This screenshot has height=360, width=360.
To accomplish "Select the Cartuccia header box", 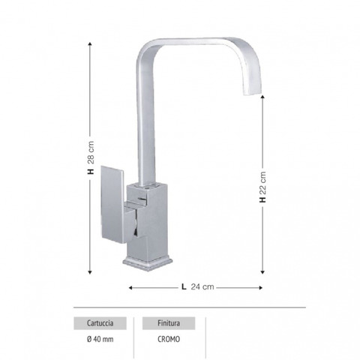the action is pos(100,323).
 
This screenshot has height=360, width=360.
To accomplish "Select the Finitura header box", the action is pos(169,323).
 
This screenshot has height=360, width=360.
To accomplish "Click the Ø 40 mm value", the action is pos(100,339).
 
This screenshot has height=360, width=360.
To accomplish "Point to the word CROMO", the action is pos(169,339).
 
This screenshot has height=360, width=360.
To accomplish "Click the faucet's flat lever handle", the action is pos(112,205).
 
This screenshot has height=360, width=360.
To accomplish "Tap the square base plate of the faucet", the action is pos(148,264).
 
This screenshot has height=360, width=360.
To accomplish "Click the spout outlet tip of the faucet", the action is pos(252,92).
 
